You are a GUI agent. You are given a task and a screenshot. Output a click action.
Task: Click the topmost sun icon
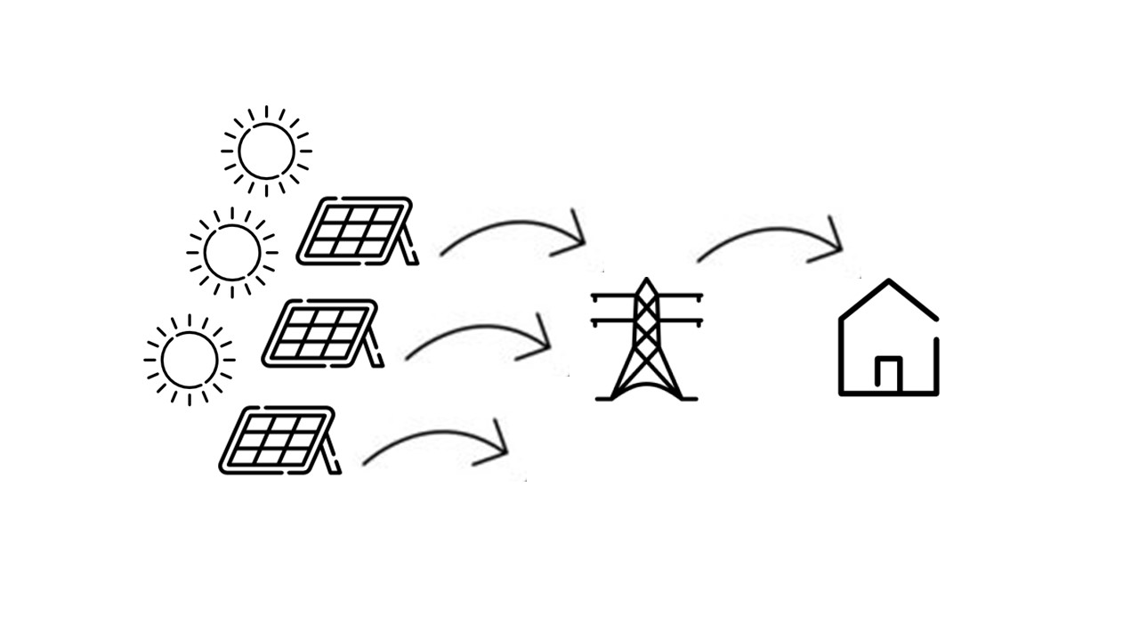pyautogui.click(x=266, y=150)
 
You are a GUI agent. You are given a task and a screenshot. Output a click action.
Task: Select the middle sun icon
pyautogui.click(x=231, y=253)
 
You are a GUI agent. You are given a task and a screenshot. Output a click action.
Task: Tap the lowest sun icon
pyautogui.click(x=189, y=360)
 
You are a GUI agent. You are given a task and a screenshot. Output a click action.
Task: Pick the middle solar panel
pyautogui.click(x=318, y=332)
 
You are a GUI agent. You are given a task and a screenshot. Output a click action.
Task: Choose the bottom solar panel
pyautogui.click(x=275, y=439)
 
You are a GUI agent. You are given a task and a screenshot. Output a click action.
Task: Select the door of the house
pyautogui.click(x=888, y=373)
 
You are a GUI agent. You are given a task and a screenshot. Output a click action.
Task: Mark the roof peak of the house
pyautogui.click(x=888, y=283)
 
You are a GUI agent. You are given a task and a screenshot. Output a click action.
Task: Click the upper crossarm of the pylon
pyautogui.click(x=647, y=296)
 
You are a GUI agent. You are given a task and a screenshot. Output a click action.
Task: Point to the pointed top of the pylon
pyautogui.click(x=647, y=281)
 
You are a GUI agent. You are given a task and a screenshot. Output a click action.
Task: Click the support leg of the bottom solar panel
pyautogui.click(x=333, y=454)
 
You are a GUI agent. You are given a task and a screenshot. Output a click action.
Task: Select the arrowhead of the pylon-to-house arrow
pyautogui.click(x=832, y=242)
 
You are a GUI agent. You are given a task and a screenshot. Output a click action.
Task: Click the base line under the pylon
pyautogui.click(x=647, y=398)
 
